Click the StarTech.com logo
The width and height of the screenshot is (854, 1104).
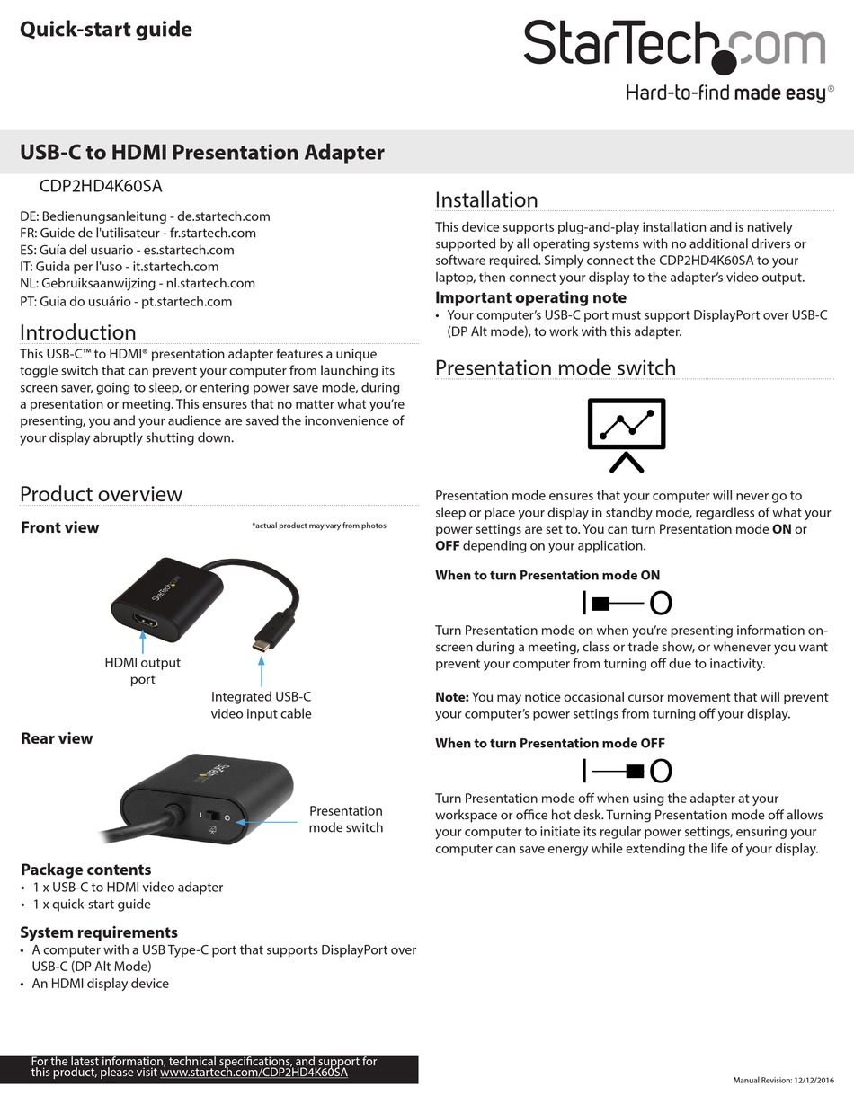pyautogui.click(x=674, y=45)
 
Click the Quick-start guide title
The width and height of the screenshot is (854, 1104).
pyautogui.click(x=106, y=30)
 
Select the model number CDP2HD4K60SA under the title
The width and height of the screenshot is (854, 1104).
pyautogui.click(x=101, y=187)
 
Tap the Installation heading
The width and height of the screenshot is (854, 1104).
pyautogui.click(x=486, y=199)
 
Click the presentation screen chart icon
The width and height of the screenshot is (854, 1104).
pyautogui.click(x=626, y=434)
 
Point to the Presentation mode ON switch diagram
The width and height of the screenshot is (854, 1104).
pyautogui.click(x=627, y=603)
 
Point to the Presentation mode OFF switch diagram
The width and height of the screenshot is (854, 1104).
pyautogui.click(x=627, y=770)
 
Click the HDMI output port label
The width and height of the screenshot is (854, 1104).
pyautogui.click(x=142, y=671)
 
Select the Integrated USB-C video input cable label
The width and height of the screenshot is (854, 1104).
pyautogui.click(x=261, y=705)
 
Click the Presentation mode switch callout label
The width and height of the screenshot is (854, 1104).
pyautogui.click(x=345, y=818)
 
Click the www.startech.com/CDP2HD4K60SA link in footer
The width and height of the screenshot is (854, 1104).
pyautogui.click(x=254, y=1073)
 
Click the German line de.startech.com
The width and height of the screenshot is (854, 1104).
pyautogui.click(x=145, y=216)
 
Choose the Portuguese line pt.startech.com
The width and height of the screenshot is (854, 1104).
pyautogui.click(x=126, y=301)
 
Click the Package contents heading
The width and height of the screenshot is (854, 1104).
pyautogui.click(x=85, y=870)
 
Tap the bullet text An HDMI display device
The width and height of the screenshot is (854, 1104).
pyautogui.click(x=100, y=983)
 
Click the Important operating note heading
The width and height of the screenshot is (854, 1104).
pyautogui.click(x=530, y=297)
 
